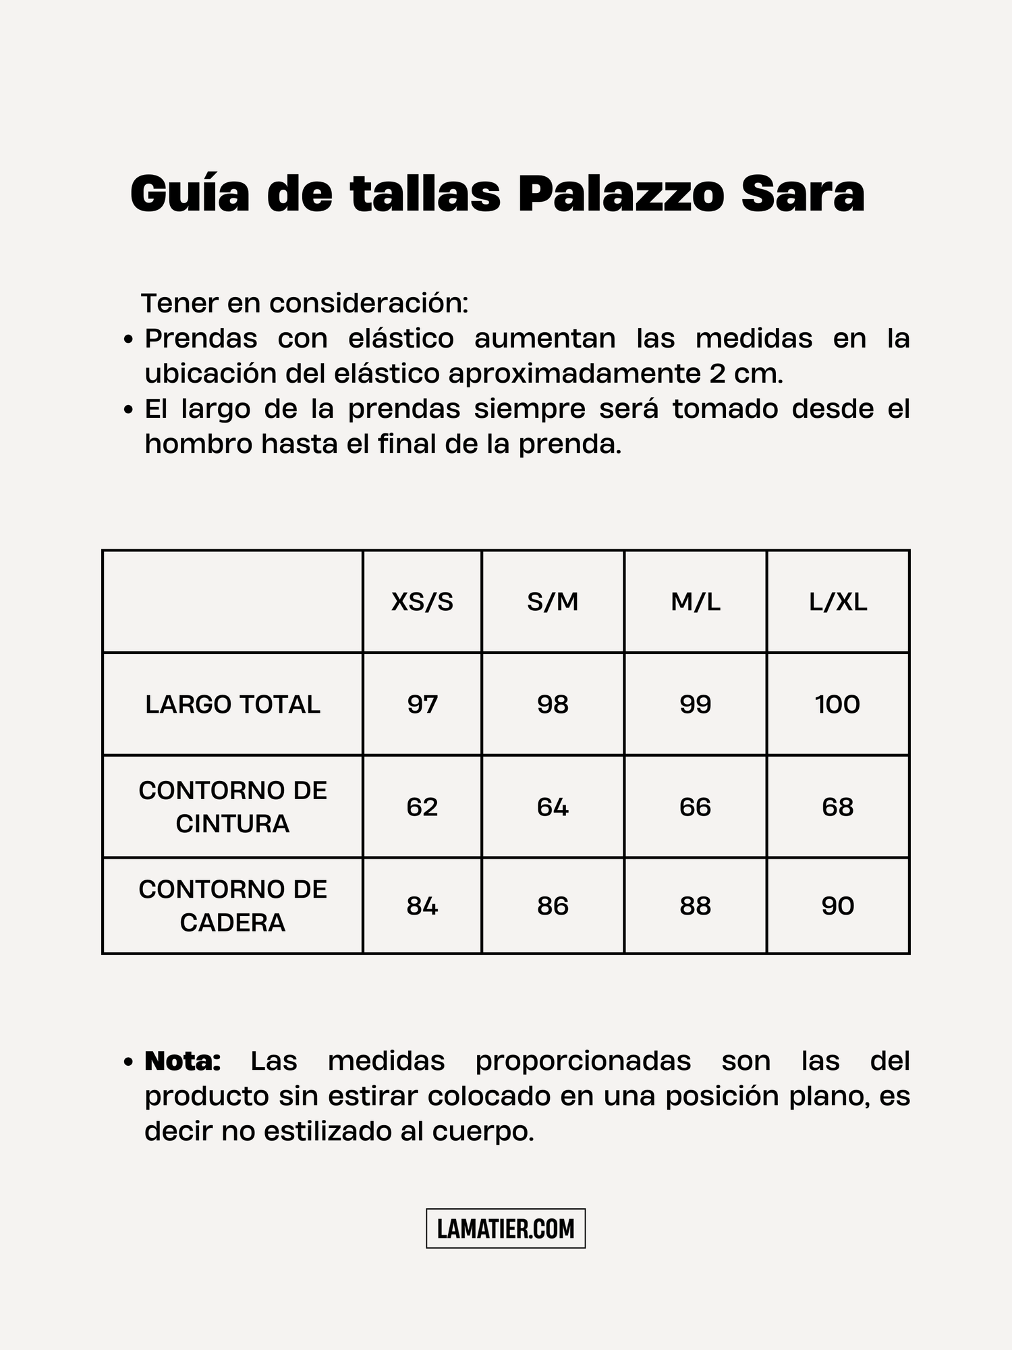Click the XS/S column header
[422, 601]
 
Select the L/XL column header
[838, 601]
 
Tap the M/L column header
[695, 601]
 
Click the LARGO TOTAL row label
[233, 705]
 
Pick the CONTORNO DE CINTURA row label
[233, 807]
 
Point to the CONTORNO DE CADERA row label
[233, 906]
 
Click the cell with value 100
[837, 705]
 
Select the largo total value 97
[422, 705]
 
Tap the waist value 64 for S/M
[553, 807]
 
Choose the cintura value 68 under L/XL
[838, 807]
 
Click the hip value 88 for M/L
[695, 906]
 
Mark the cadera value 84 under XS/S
[422, 906]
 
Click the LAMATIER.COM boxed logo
[505, 1228]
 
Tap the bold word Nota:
[182, 1061]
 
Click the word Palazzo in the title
[620, 194]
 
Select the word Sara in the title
[802, 194]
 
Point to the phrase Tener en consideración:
[304, 304]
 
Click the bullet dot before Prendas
[129, 340]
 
